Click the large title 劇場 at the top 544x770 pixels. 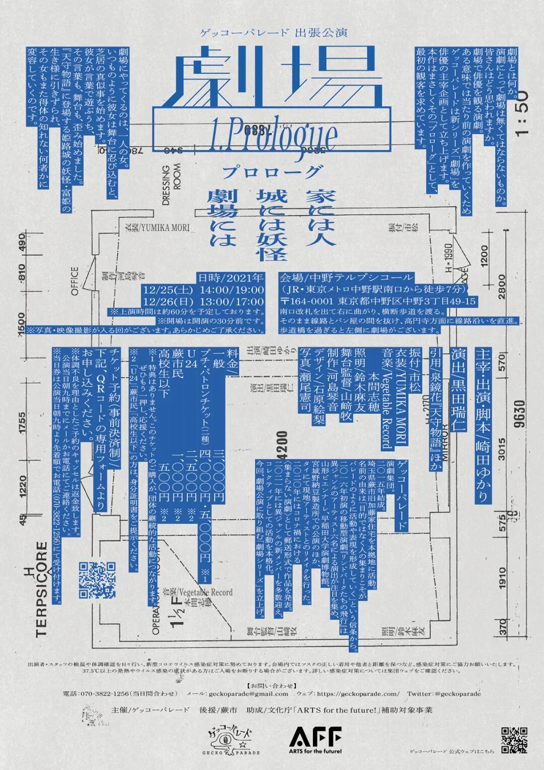coord(272,76)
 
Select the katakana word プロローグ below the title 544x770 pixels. coord(271,171)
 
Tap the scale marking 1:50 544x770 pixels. coord(522,113)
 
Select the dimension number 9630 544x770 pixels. coord(520,413)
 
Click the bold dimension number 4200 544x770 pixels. coord(282,443)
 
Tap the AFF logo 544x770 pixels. coord(316,740)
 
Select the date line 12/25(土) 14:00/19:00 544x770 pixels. coord(203,290)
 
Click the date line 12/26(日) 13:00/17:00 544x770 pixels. coord(203,302)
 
